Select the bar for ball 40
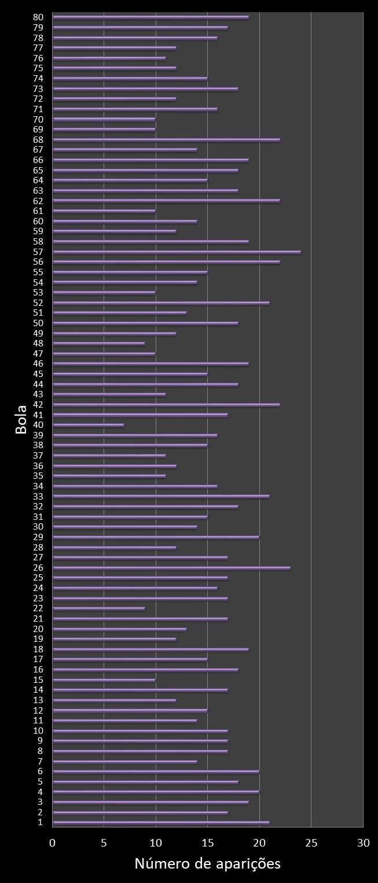coord(88,425)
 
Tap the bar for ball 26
coord(171,568)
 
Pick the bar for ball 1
coord(161,822)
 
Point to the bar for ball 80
coord(151,17)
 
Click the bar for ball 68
coord(166,139)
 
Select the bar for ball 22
coord(98,608)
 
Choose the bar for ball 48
coord(98,343)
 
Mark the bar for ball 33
coord(161,496)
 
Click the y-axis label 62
coord(38,201)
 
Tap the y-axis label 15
coord(38,679)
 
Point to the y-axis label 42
coord(38,404)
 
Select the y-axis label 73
coord(38,88)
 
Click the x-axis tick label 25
coord(311,843)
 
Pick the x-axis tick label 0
coord(53,843)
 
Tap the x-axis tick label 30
coord(363,843)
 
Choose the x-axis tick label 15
coord(208,843)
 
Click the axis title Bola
coord(21,420)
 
